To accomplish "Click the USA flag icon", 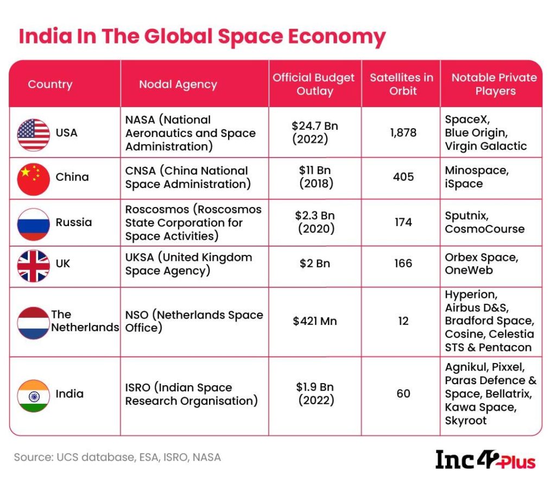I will tap(34, 133).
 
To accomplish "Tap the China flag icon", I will tap(34, 178).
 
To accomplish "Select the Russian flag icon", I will tap(34, 223).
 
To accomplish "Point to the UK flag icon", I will tap(34, 265).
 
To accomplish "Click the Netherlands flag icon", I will tap(34, 322).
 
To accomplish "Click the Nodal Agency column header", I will tap(178, 84).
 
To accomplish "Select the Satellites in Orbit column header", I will tap(401, 84).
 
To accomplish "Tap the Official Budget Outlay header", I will tap(314, 84).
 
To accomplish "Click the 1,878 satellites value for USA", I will tap(403, 133).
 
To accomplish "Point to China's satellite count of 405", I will tap(403, 177).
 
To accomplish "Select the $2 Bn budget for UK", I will tap(315, 264).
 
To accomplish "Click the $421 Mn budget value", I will tap(315, 321).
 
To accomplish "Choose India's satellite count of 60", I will tap(403, 393).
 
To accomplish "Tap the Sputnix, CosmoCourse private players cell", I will tap(484, 222).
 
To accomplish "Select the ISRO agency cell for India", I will tap(191, 394).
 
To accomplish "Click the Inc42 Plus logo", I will tap(485, 459).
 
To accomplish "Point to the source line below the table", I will tap(117, 457).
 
